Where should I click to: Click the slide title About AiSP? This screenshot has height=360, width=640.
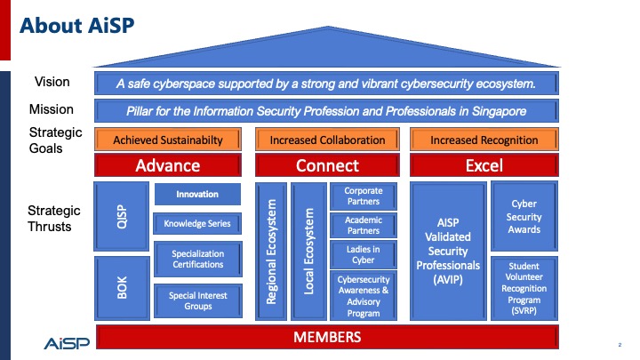pos(76,25)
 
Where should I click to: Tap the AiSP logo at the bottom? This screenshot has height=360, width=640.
pos(67,343)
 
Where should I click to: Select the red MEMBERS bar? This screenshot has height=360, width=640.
pos(327,337)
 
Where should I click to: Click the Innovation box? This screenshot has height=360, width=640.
pos(197,195)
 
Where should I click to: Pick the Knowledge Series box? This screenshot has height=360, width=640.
pos(197,224)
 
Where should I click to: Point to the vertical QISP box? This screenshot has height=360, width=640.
pos(122,216)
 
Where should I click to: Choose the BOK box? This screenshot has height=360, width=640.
pos(122,288)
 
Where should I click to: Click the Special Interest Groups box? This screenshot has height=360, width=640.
pos(198,300)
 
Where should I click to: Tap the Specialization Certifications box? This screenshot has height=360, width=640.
pos(198,259)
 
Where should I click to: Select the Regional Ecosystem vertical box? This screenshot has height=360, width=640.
pos(271,252)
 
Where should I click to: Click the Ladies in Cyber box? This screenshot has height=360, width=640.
pos(364,255)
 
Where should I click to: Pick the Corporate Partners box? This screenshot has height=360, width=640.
pos(364,196)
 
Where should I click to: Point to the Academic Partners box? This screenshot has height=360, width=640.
pos(364,225)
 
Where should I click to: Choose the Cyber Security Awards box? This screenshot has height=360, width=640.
pos(524,216)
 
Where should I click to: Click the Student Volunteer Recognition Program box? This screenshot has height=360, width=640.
pos(524,288)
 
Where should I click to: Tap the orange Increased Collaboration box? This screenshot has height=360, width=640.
pos(327,140)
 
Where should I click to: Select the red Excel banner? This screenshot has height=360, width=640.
pos(484,165)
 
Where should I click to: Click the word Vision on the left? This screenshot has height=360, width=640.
pos(52,82)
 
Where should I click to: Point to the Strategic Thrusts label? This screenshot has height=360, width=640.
pos(54,219)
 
